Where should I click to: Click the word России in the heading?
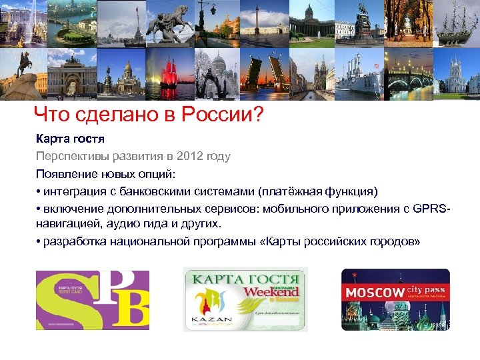pos(220,116)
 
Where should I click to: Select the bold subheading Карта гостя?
pos(71,140)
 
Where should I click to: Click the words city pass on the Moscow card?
pos(426,289)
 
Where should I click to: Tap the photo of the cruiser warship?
pos(360,75)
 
